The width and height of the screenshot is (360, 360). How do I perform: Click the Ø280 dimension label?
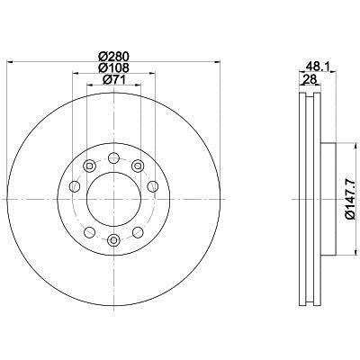tap(113, 56)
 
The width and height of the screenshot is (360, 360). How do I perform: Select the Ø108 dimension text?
tap(113, 67)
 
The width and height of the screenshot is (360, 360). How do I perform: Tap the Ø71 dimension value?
tap(113, 79)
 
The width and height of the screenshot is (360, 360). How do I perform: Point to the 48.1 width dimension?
tap(318, 66)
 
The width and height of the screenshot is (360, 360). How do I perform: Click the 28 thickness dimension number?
tap(310, 79)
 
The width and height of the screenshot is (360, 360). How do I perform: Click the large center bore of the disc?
tap(113, 199)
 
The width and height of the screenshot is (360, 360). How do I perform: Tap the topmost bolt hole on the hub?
tap(113, 157)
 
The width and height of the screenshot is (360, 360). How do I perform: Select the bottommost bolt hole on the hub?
tap(113, 239)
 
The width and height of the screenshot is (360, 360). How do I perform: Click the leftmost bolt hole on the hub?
tap(75, 186)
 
